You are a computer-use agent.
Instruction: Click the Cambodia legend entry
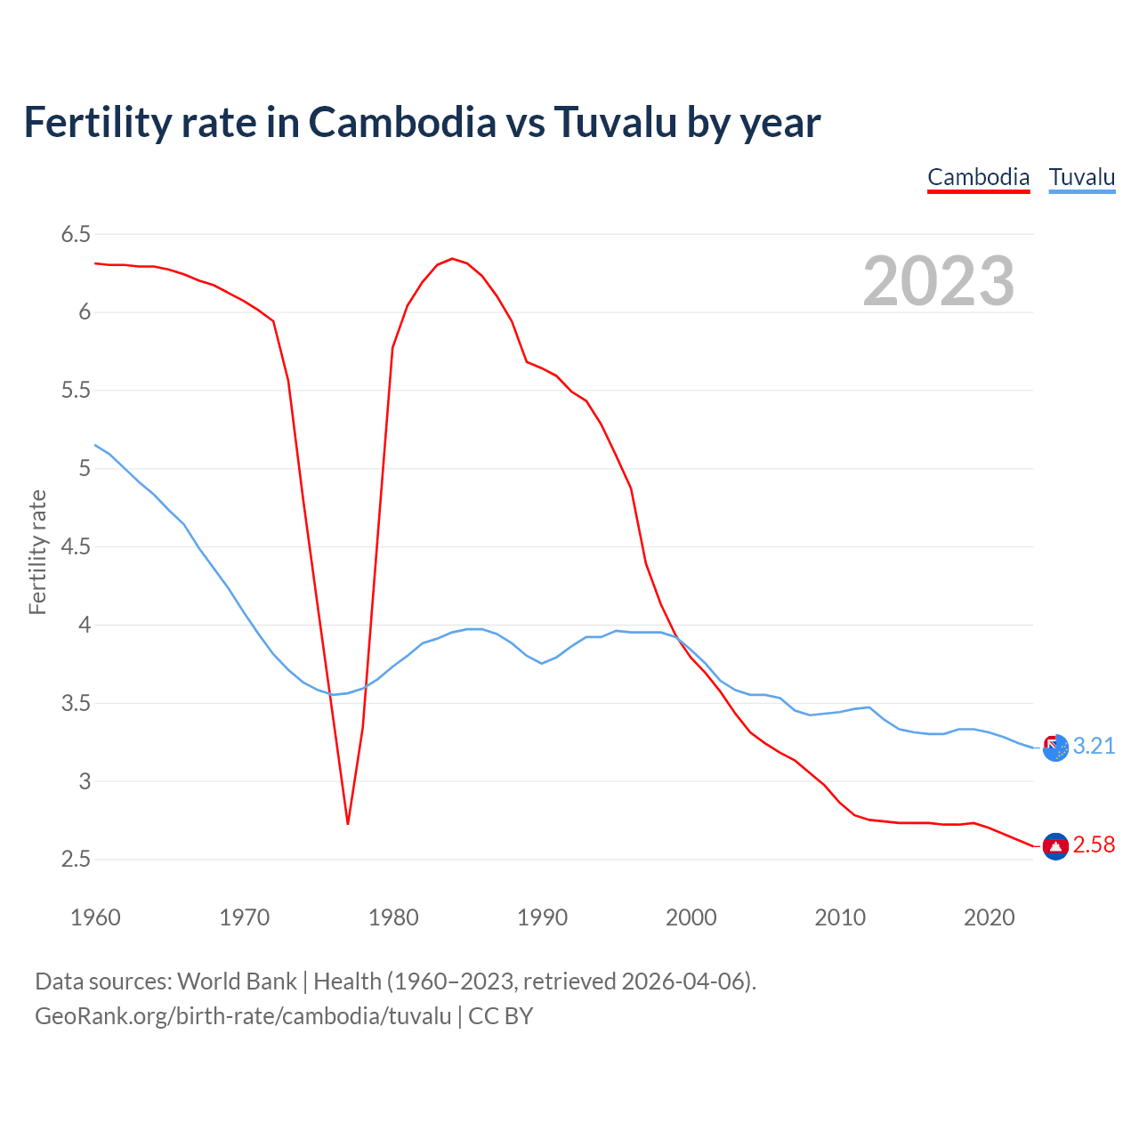point(978,177)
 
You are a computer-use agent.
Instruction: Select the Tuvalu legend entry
point(1081,177)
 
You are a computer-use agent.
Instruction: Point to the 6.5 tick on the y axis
point(76,234)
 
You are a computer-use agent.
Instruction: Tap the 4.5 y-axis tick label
point(76,546)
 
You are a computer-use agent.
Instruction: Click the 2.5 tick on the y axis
point(76,860)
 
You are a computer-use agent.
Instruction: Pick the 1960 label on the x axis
point(95,917)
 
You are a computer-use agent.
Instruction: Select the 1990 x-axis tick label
point(542,917)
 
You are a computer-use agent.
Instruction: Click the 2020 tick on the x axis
point(989,917)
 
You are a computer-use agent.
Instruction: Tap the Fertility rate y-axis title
point(37,552)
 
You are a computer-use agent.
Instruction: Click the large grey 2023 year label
point(938,281)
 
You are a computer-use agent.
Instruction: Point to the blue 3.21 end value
point(1094,747)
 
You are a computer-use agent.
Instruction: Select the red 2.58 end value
point(1094,845)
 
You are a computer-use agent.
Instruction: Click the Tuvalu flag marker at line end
point(1055,748)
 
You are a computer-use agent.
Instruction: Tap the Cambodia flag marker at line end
point(1055,846)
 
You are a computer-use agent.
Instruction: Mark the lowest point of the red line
point(348,823)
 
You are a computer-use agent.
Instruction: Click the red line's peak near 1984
point(452,259)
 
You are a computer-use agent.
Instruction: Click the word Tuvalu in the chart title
point(616,122)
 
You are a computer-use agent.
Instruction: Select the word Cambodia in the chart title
point(402,122)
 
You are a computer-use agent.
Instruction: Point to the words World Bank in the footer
point(237,981)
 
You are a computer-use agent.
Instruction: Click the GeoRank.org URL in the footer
point(243,1016)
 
